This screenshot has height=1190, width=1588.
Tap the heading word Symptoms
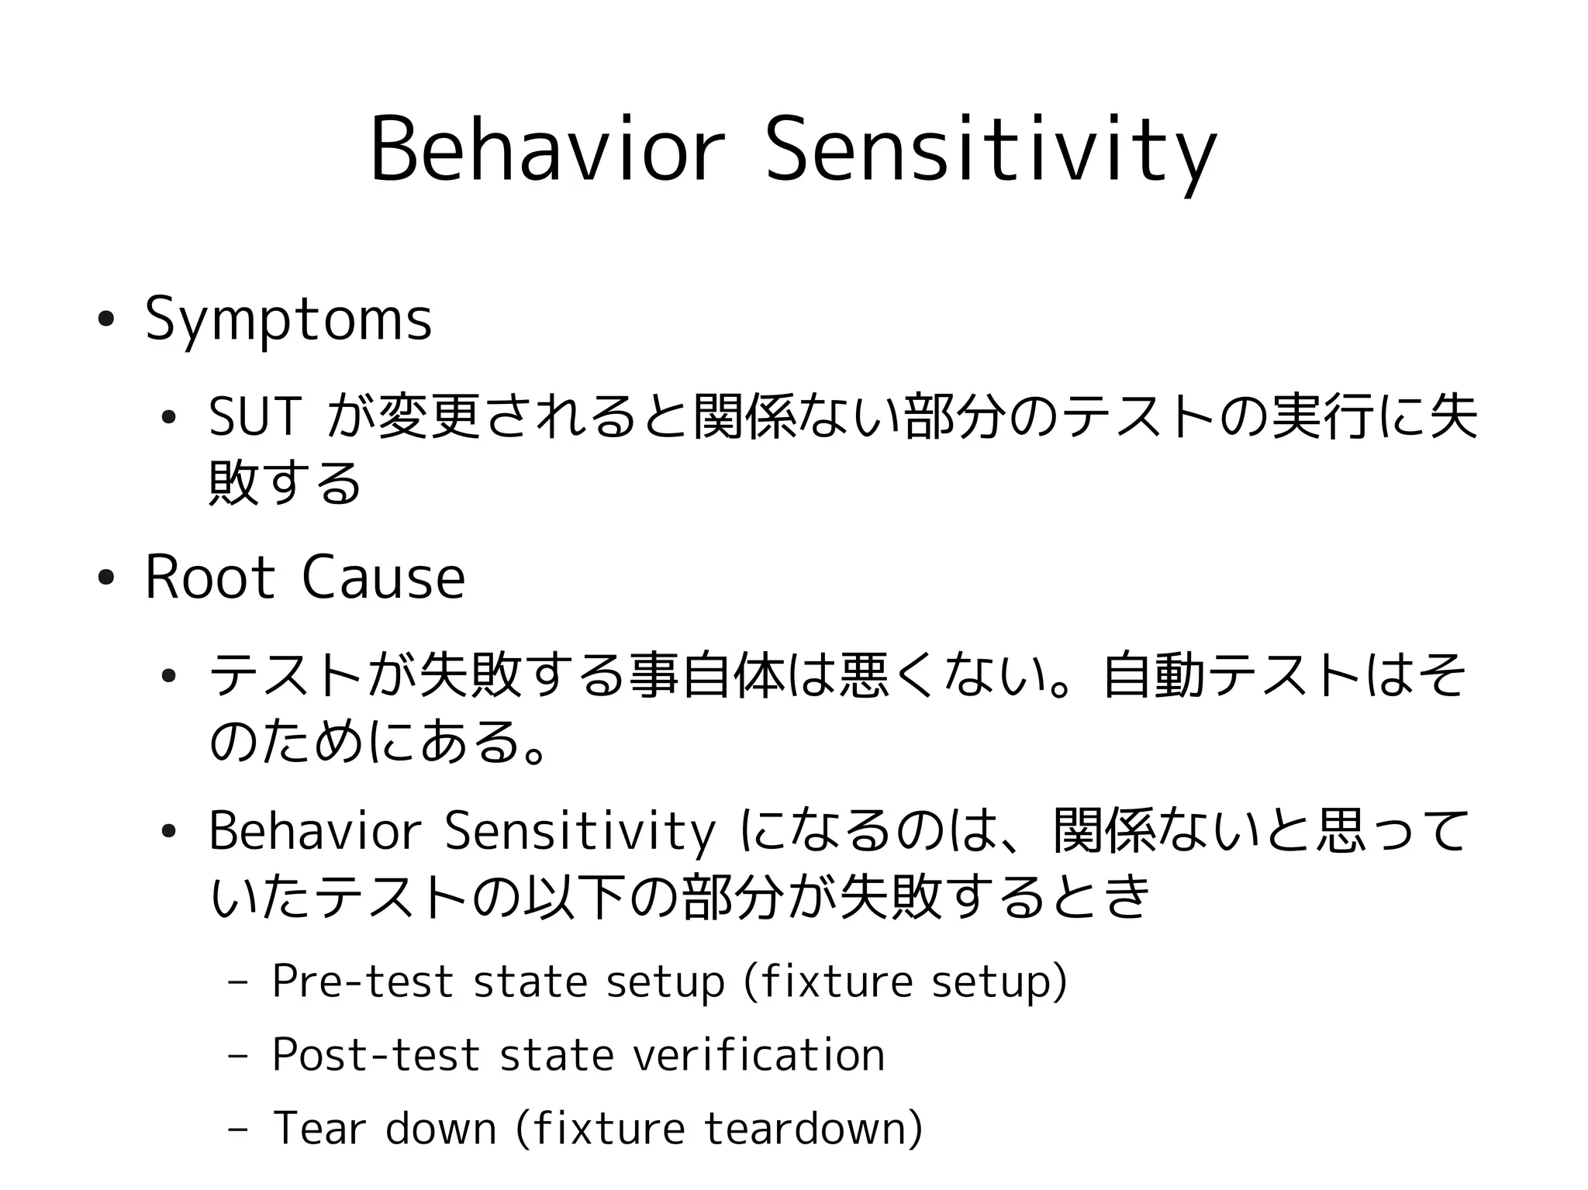click(288, 319)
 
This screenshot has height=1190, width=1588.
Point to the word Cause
click(383, 578)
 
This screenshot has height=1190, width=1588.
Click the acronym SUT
click(254, 417)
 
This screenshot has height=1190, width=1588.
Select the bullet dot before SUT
click(168, 418)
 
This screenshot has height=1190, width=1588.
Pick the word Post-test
click(375, 1054)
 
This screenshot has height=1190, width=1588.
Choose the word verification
click(758, 1054)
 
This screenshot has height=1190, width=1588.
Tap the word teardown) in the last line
click(813, 1128)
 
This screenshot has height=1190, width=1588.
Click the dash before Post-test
click(238, 1056)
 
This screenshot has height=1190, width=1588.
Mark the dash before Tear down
click(238, 1130)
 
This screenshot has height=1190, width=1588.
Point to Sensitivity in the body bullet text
click(580, 831)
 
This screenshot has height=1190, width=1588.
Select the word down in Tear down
click(440, 1128)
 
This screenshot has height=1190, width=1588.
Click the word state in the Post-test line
click(557, 1054)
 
